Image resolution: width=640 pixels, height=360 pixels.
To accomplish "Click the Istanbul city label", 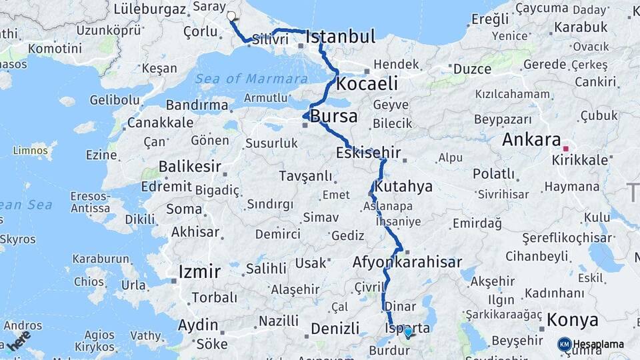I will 341,37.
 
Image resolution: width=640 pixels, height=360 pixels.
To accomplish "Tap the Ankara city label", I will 531,140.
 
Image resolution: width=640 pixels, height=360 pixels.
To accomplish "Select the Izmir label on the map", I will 199,272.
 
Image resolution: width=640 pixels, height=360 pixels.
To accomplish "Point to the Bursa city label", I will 334,117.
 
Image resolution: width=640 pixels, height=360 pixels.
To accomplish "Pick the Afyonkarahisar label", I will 407,262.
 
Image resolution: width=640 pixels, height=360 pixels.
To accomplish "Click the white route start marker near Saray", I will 231,16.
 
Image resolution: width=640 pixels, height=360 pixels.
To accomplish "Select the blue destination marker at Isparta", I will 408,331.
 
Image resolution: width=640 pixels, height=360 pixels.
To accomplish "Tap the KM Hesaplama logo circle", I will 564,345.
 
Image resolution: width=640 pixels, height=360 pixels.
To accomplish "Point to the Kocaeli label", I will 367,84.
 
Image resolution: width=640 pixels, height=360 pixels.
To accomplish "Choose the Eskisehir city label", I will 368,153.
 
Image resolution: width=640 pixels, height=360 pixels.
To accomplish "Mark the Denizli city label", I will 335,329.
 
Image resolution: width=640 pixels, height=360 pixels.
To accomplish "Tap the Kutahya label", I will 403,186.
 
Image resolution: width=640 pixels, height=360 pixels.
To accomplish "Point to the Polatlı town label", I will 494,174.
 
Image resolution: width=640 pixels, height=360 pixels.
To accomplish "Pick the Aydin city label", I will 198,325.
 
